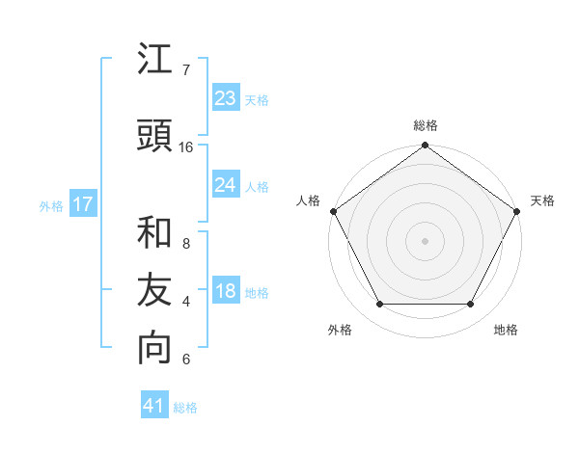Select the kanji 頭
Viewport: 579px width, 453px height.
[x=154, y=136]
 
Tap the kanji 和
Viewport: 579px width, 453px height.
[x=154, y=232]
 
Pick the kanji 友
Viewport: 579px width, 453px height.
[x=154, y=290]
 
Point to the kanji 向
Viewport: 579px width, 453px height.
[x=154, y=348]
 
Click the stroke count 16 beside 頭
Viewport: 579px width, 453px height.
[x=185, y=147]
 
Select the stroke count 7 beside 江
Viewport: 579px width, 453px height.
[x=185, y=70]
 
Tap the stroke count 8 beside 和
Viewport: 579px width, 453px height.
[x=185, y=244]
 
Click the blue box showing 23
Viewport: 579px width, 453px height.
[x=225, y=98]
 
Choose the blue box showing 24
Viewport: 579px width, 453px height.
[x=225, y=185]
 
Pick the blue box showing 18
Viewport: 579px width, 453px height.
[x=225, y=291]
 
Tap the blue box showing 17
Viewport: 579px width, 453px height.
[x=82, y=204]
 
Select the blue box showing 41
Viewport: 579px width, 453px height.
[x=154, y=406]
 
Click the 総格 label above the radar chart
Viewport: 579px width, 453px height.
[x=426, y=125]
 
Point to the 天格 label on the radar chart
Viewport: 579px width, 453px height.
[x=542, y=200]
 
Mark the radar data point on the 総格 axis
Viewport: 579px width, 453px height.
[x=426, y=147]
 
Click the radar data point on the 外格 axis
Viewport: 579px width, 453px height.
[x=379, y=305]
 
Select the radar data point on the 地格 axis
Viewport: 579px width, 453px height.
[x=471, y=305]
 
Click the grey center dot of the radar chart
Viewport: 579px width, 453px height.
[x=426, y=240]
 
